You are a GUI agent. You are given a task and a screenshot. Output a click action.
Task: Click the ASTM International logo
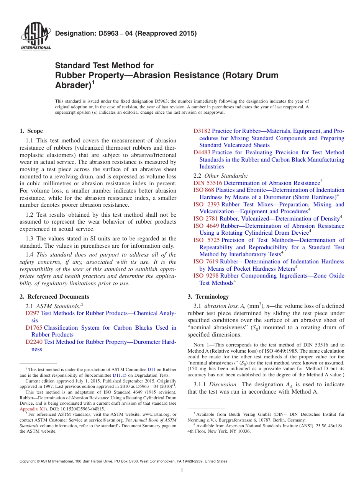[36, 38]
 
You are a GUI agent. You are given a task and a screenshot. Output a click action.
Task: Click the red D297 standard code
[32, 313]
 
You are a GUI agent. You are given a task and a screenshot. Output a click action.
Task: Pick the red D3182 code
[202, 131]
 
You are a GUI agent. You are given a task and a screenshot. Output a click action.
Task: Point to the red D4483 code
[202, 152]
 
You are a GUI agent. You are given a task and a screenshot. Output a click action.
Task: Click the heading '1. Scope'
[31, 131]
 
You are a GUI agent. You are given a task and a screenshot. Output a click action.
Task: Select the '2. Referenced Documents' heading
[54, 297]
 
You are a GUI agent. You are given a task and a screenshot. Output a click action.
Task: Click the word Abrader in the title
[72, 85]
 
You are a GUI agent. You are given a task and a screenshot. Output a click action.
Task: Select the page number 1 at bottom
[182, 471]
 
